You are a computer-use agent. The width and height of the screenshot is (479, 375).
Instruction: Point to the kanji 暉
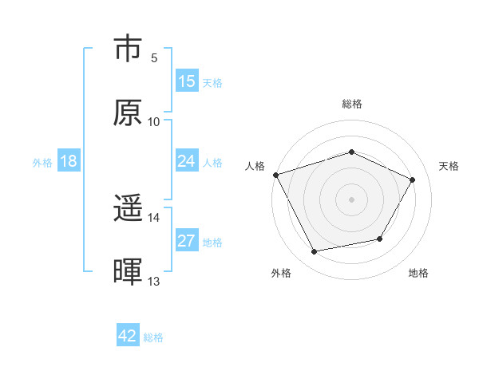click(x=128, y=272)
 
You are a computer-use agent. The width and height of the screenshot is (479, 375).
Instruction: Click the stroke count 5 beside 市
click(x=154, y=58)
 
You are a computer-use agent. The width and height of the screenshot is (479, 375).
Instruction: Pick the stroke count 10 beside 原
click(x=154, y=121)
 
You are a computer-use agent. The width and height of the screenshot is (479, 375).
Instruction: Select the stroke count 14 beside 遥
click(x=154, y=217)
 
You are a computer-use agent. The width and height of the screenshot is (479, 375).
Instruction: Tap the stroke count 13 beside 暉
click(x=154, y=281)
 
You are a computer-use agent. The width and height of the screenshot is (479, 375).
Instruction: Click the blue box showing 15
click(x=187, y=81)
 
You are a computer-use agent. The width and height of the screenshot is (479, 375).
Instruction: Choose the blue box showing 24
click(x=187, y=161)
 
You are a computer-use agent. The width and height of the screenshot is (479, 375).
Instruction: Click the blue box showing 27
click(x=187, y=241)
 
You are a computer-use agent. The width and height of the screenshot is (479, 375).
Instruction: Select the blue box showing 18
click(x=69, y=161)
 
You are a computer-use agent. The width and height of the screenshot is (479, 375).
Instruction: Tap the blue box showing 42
click(x=128, y=336)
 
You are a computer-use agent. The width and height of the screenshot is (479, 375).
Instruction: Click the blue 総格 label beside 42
click(x=153, y=337)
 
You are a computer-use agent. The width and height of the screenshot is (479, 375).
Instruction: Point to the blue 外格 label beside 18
click(x=42, y=163)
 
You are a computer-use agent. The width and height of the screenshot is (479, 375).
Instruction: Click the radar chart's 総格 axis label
click(x=351, y=104)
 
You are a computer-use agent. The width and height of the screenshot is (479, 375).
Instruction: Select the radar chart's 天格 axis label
click(x=449, y=166)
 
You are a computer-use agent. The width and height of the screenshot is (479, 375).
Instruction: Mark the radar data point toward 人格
click(x=275, y=175)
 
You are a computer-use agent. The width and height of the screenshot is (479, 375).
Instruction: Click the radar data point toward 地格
click(x=380, y=239)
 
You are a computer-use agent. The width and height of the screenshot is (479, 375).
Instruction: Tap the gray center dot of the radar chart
click(x=351, y=199)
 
